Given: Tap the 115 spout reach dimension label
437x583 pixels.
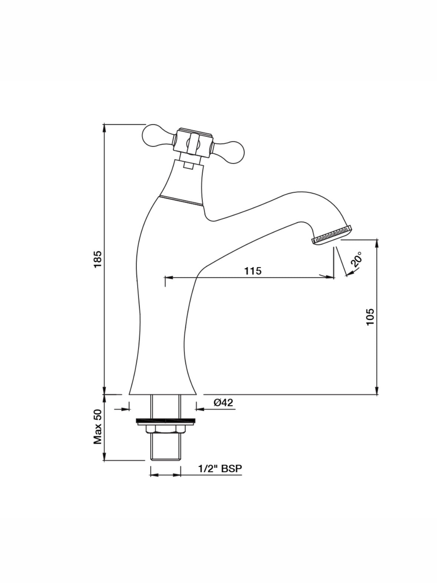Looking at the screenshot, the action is [253, 271].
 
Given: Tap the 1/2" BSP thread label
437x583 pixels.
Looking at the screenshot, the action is [220, 469].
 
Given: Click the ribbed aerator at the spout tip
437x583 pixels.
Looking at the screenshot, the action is [332, 235].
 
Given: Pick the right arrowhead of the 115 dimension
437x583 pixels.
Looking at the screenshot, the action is [329, 277].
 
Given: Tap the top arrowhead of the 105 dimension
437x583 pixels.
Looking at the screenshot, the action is [377, 243].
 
